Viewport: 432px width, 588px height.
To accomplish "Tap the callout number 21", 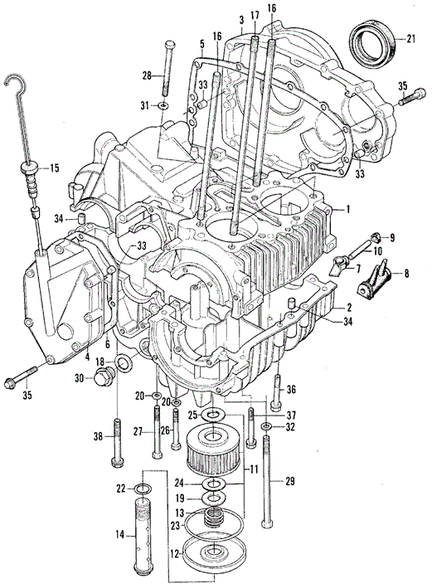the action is pos(411,39).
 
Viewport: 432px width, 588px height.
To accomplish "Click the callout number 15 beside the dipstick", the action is pos(55,168).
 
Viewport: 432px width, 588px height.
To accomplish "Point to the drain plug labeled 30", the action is pos(101,377).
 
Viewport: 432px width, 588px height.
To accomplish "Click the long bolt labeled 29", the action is pos(267,482).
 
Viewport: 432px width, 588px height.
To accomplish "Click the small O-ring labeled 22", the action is pos(143,488).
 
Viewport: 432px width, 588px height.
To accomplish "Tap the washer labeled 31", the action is pos(163,106).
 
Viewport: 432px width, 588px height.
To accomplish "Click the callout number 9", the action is pos(392,237).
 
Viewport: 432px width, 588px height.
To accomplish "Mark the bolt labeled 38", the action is pos(117,443).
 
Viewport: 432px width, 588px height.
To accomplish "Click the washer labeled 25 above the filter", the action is pos(213,415).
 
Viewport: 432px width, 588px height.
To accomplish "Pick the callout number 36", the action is pos(291,389).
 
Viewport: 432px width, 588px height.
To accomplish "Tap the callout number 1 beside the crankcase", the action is pos(348,209).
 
